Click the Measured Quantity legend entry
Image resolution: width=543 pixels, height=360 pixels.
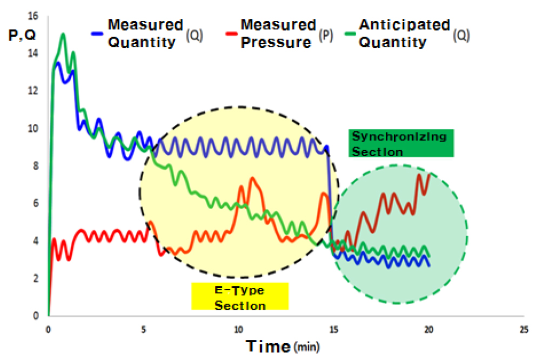pos(145,33)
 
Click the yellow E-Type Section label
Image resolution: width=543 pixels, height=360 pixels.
pos(240,297)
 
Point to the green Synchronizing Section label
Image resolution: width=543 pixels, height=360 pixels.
pos(400,144)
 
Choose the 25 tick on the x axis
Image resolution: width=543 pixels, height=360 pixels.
pos(523,328)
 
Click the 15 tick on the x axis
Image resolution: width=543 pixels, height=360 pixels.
pos(333,328)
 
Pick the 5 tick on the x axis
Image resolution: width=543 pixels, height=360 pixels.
pos(144,328)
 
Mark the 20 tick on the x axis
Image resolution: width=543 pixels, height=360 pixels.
pos(428,328)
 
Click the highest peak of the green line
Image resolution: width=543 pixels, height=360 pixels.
pos(63,34)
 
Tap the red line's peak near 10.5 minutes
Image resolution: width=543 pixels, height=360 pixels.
pos(252,178)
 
